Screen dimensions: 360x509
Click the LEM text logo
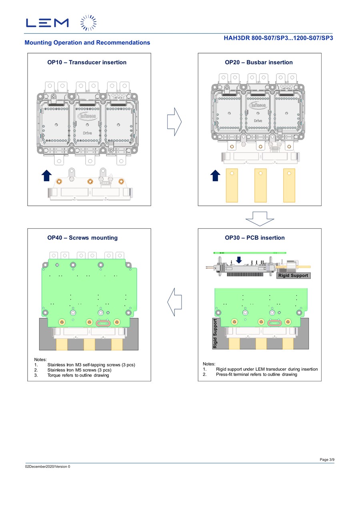click(x=47, y=23)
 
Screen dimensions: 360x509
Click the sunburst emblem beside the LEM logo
click(x=88, y=23)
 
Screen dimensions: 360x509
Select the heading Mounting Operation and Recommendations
click(x=87, y=42)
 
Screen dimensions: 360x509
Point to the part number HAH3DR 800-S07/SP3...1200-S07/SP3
click(x=278, y=38)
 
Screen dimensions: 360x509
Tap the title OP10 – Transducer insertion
click(x=87, y=62)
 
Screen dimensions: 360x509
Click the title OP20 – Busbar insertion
click(x=259, y=62)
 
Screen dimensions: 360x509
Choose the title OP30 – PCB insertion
click(x=254, y=238)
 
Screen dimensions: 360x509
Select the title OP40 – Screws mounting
click(x=82, y=238)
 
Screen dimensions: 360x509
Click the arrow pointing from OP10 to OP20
click(x=174, y=122)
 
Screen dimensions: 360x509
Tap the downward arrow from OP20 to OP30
click(x=260, y=219)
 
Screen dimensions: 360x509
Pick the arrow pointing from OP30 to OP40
click(x=174, y=302)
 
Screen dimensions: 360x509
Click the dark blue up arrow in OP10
click(x=46, y=176)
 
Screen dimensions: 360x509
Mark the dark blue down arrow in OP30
click(x=239, y=260)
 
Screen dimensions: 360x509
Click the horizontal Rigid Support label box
click(x=293, y=275)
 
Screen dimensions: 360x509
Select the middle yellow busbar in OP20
click(x=260, y=186)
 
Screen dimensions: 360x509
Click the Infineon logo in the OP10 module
click(x=87, y=116)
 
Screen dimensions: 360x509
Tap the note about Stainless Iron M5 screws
click(x=79, y=370)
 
